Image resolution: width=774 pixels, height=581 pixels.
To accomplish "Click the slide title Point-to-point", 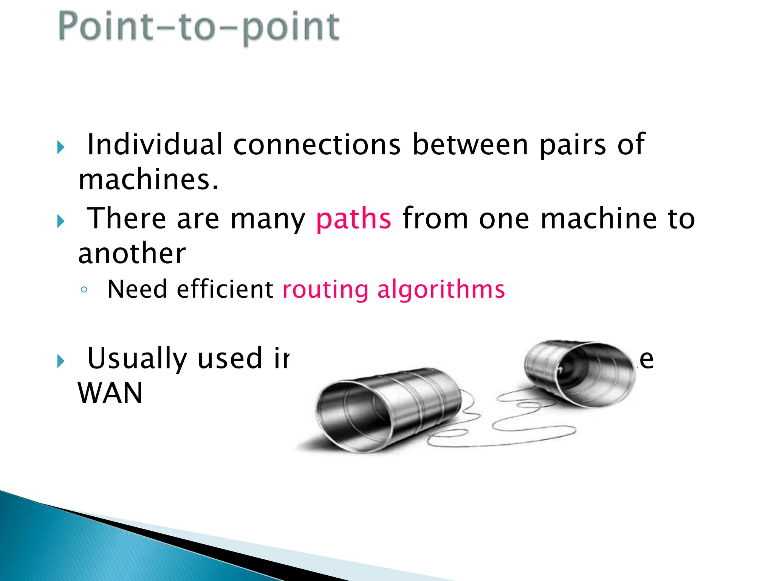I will (199, 27).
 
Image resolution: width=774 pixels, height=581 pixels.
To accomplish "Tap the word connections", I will (317, 144).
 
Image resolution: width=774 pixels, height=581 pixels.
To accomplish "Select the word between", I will (470, 144).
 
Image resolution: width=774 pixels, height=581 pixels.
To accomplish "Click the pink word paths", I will (353, 219).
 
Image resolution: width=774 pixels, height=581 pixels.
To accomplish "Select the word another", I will (132, 253).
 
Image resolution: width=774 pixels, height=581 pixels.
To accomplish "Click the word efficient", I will (225, 289).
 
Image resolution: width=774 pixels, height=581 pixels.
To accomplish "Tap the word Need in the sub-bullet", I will (137, 289).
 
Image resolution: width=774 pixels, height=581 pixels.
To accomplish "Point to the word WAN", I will (110, 393).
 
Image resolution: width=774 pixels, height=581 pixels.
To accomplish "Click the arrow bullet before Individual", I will (61, 147).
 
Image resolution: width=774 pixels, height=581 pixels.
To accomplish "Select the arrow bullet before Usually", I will (61, 361).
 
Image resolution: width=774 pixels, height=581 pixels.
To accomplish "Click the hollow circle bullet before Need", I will (84, 290).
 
